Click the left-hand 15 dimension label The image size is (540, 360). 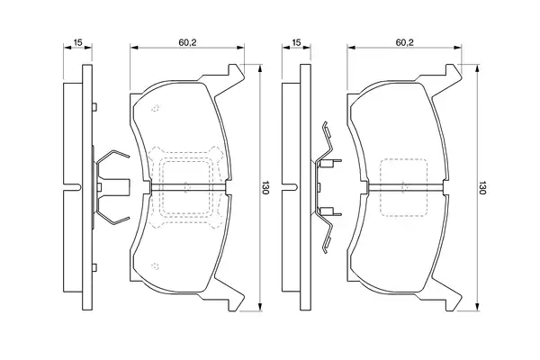pos(78,42)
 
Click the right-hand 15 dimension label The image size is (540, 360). pos(296,42)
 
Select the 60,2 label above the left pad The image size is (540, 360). pos(187,42)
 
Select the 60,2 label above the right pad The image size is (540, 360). pos(405,42)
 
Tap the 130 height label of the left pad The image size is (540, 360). pos(265,187)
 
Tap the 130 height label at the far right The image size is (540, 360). pos(482,187)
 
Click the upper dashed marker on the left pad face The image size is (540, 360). pos(156,108)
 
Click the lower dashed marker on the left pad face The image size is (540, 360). pos(156,266)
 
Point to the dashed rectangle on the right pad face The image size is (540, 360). pos(403,158)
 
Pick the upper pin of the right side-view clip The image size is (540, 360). pos(329,163)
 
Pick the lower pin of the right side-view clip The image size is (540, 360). pos(329,211)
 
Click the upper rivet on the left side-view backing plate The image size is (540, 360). pos(94,107)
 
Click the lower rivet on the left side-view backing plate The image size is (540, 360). pos(94,267)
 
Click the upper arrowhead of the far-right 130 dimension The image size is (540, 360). pos(477,68)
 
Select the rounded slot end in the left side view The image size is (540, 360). pos(79,187)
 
